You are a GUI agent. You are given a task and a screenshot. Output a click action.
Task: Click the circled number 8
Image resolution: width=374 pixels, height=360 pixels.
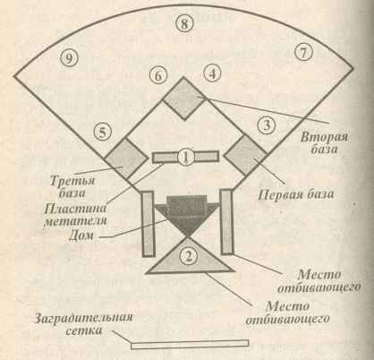[184, 23]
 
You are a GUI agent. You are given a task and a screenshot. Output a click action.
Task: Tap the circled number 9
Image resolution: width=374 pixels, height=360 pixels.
[69, 58]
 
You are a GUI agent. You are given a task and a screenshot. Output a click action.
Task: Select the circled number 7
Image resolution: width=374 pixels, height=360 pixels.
[303, 53]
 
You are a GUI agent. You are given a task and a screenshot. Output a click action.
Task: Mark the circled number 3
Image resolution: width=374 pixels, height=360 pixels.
[267, 125]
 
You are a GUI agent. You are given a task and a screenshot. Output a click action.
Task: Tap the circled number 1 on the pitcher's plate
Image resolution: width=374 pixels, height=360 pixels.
[185, 157]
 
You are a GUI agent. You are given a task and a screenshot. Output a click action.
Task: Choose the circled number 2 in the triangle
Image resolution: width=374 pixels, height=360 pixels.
[189, 255]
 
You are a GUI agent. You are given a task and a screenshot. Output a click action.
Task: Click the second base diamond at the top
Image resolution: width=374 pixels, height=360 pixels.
[184, 99]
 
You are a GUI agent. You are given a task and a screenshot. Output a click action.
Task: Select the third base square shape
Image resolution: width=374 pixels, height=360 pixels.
[127, 159]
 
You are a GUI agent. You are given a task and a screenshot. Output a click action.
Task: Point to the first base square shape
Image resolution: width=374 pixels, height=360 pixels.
[246, 156]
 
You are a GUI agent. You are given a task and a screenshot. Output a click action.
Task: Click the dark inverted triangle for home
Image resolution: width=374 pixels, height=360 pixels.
[187, 217]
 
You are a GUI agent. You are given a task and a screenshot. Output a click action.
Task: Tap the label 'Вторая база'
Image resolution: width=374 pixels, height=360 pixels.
[324, 142]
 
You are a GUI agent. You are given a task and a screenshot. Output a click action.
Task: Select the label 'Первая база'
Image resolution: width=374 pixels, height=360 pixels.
[295, 195]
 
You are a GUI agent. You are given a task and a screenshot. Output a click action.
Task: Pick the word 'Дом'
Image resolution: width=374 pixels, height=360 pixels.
[81, 235]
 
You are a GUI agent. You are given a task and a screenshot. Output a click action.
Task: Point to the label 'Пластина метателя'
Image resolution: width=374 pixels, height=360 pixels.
[75, 214]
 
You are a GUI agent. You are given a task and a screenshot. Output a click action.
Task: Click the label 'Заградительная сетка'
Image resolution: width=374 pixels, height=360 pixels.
[84, 324]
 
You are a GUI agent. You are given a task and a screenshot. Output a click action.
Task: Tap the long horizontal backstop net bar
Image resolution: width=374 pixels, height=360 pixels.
[190, 344]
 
